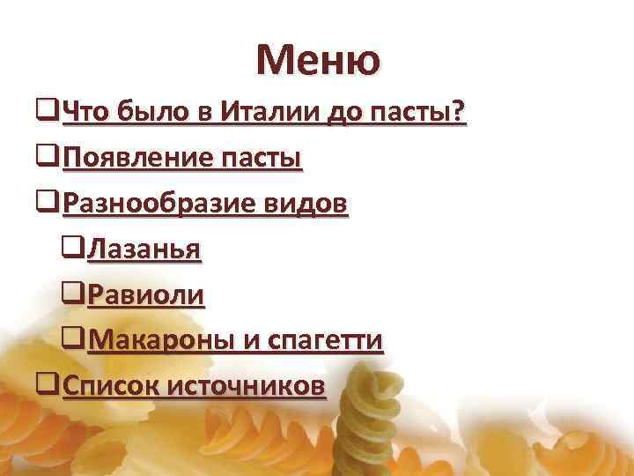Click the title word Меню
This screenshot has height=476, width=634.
[x=319, y=60]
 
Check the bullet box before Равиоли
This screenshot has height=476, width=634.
[x=74, y=294]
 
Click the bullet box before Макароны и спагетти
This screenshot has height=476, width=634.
[x=74, y=338]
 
